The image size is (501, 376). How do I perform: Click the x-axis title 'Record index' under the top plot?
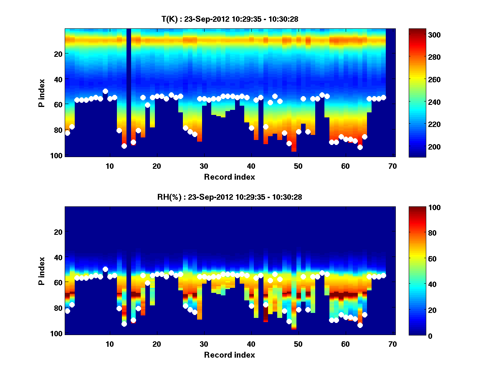(229, 177)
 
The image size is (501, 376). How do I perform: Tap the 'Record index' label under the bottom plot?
(229, 355)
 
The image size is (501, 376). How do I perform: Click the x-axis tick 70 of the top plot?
(392, 166)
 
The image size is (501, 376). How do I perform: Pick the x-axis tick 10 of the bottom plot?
(109, 344)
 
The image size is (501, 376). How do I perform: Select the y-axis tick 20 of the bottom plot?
(58, 232)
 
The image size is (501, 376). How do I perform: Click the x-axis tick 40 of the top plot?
(251, 166)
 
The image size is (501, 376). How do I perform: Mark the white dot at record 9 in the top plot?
(105, 91)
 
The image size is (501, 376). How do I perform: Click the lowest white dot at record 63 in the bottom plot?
(360, 325)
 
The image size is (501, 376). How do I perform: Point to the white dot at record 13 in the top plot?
(124, 146)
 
